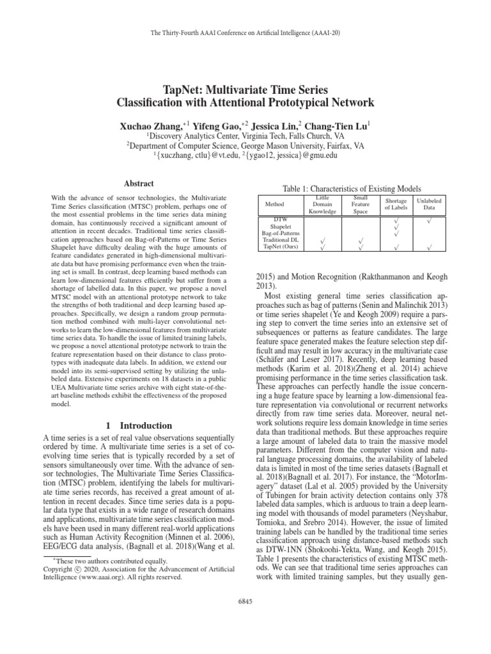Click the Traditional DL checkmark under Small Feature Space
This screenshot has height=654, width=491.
pos(361,240)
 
